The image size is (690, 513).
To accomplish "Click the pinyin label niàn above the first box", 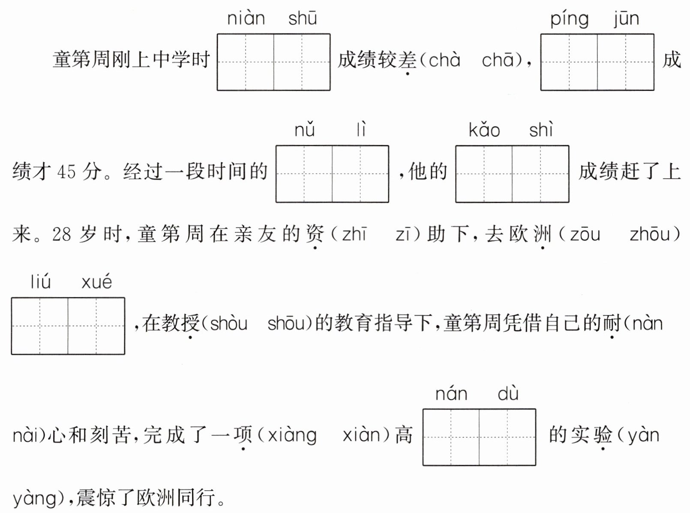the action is [246, 19].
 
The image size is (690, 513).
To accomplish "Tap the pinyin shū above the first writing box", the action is [303, 19].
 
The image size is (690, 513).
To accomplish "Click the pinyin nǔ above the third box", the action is [305, 130].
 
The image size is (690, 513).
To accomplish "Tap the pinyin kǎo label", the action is [484, 130].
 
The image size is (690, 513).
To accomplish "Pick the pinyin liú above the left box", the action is [41, 282].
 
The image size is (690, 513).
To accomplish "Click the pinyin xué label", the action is [97, 282].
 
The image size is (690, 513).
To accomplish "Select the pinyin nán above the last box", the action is [451, 394].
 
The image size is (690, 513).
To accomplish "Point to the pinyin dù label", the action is [508, 394].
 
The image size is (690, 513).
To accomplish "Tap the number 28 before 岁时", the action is [61, 234].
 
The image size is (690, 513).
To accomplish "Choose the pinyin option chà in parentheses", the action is [444, 60].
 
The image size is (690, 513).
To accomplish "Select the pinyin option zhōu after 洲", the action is [655, 234].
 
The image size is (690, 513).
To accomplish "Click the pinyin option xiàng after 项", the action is [292, 435].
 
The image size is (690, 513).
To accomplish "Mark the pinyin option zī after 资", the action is [405, 234].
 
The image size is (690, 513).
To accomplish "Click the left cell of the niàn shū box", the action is [246, 62].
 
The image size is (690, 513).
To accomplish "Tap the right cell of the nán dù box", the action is [507, 437].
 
